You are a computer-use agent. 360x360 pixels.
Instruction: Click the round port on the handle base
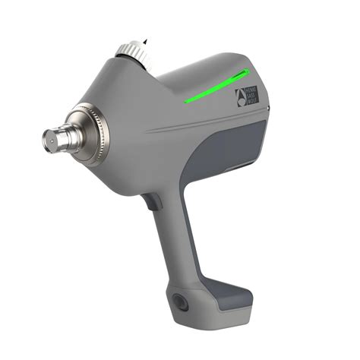click(180, 299)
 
